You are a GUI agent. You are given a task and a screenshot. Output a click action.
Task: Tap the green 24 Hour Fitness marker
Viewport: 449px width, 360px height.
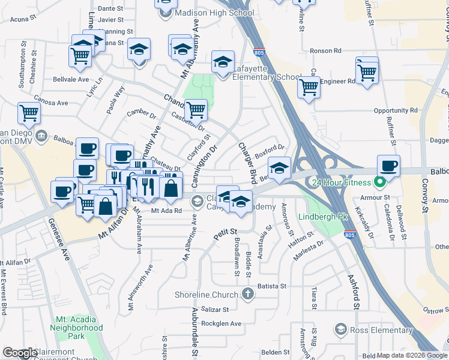click(379, 181)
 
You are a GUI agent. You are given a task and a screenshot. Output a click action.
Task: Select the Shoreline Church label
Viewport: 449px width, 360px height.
click(206, 294)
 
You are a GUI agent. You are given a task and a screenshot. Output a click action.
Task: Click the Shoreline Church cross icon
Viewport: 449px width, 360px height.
click(247, 293)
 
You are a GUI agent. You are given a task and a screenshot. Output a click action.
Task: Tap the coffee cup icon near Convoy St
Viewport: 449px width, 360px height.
click(388, 166)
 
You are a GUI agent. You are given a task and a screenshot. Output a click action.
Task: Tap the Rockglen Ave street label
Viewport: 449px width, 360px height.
click(221, 324)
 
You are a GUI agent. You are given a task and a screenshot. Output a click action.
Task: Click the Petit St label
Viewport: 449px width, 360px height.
click(226, 231)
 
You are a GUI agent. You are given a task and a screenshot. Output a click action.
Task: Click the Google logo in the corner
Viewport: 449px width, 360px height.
click(20, 353)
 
